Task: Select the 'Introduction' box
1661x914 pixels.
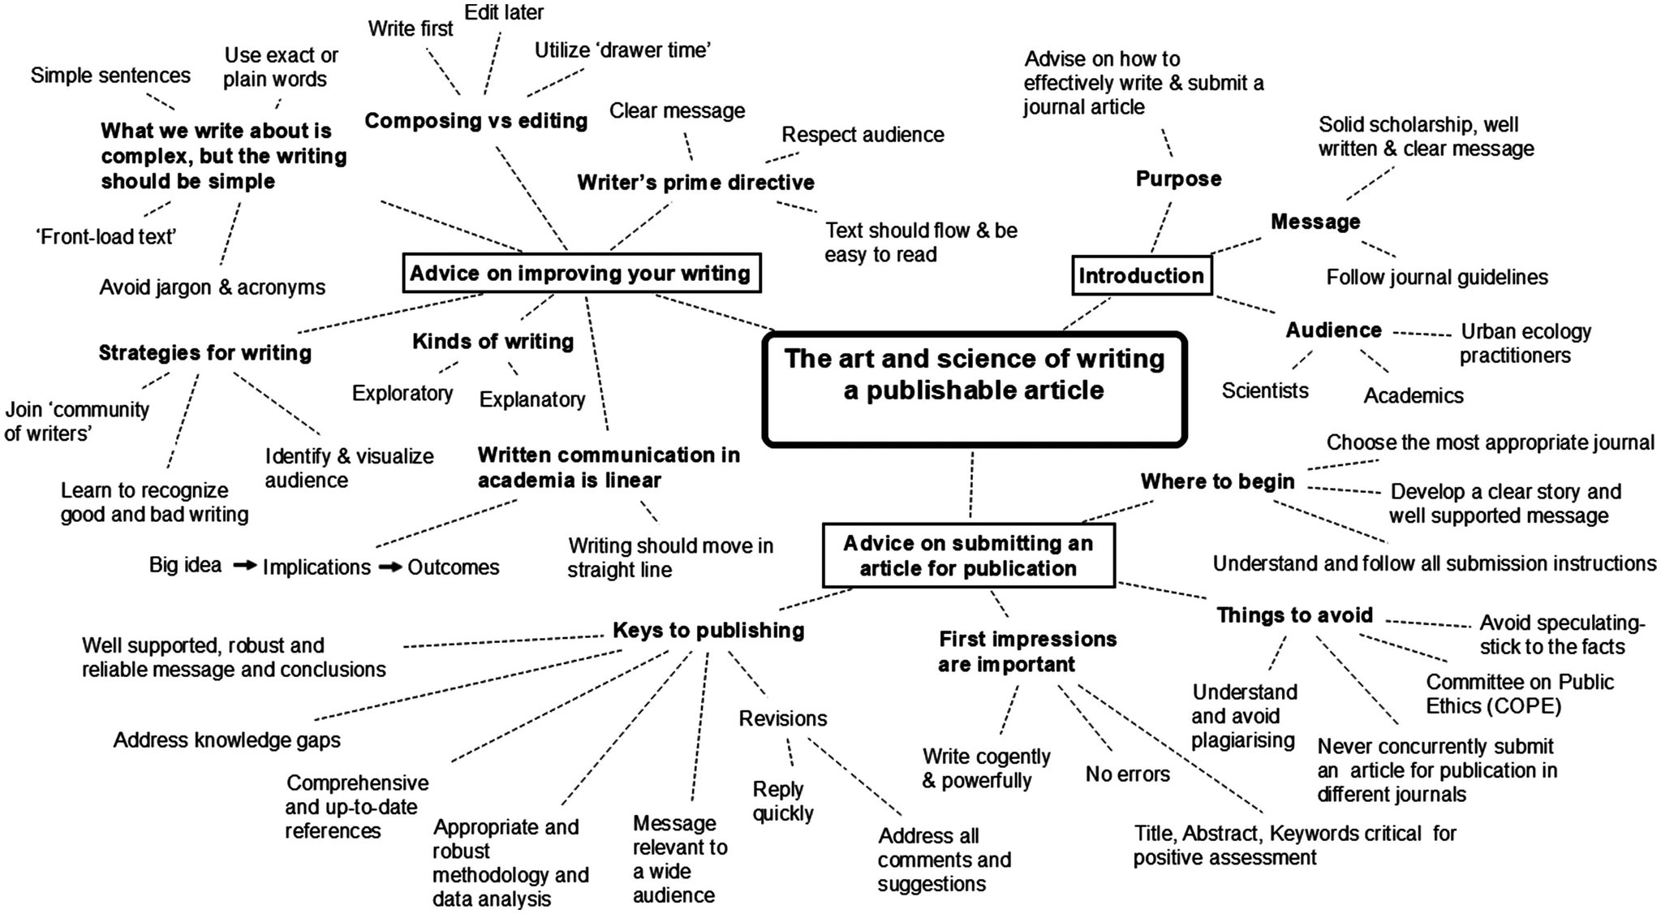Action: coord(1141,276)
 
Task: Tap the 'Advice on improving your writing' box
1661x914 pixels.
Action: coord(581,273)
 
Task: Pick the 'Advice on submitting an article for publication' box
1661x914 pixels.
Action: coord(968,555)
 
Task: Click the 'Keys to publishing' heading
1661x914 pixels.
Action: coord(708,631)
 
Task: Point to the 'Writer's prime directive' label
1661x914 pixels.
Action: coord(695,183)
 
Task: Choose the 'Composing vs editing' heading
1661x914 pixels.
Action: coord(476,121)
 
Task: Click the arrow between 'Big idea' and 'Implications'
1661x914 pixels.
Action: coord(245,566)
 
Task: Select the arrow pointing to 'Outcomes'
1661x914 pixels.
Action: coord(390,567)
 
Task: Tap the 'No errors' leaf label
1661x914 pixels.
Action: coord(1127,774)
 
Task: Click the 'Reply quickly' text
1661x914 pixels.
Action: coord(782,801)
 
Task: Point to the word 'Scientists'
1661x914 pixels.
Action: coord(1265,391)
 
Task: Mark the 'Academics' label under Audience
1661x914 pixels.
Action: coord(1414,396)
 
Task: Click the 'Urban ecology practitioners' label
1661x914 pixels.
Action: coord(1525,343)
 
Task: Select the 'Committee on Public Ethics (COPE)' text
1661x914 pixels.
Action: coord(1519,694)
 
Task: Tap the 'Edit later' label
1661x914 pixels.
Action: coord(504,13)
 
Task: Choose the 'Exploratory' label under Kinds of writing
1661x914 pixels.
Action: coord(402,394)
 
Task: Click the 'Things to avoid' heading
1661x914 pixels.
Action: coord(1294,615)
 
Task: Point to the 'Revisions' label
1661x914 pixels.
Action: coord(783,719)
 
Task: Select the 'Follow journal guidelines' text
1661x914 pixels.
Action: coord(1437,278)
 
